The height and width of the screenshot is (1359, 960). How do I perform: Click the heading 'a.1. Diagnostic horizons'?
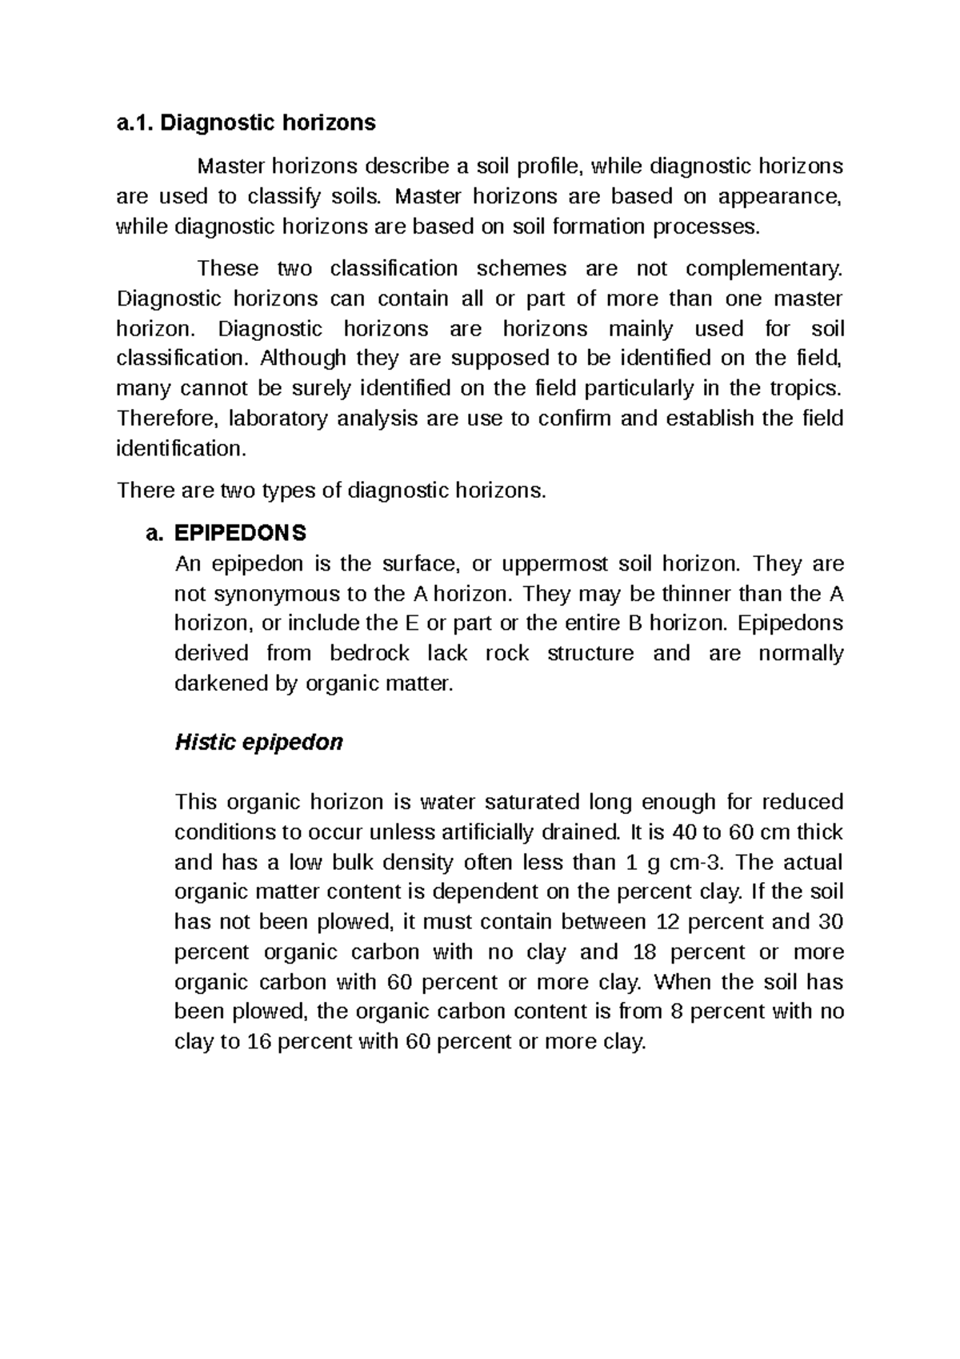246,122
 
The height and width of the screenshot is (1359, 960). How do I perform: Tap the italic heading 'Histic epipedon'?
258,743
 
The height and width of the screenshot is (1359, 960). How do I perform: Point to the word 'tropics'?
804,388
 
